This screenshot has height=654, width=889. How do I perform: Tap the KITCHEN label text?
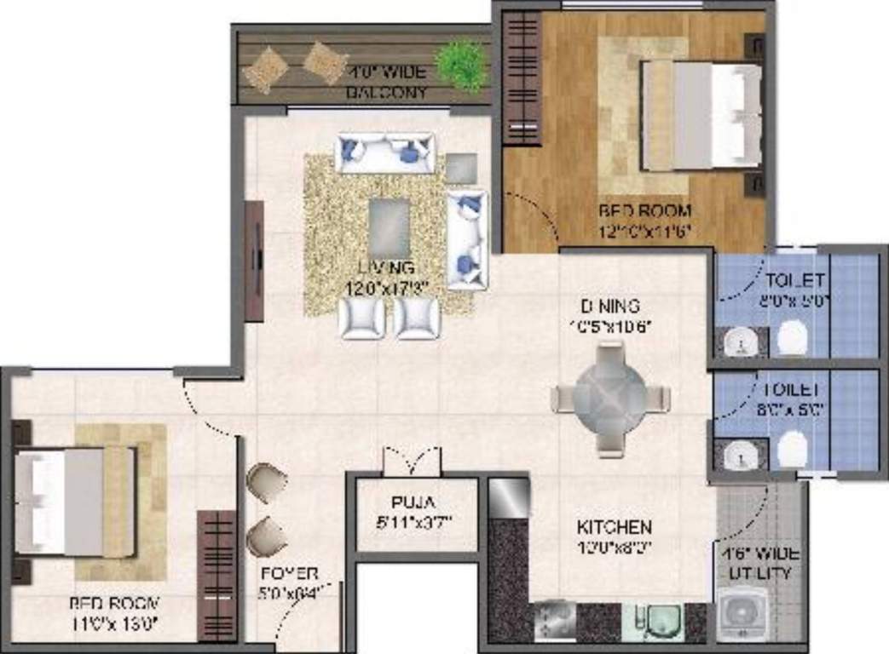click(x=614, y=527)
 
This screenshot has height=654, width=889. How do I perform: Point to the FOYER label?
click(x=290, y=573)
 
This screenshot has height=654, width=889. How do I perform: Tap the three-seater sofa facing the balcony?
click(x=385, y=153)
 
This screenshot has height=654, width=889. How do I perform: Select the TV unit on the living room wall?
click(x=254, y=261)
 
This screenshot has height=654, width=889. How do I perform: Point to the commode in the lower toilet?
click(x=792, y=449)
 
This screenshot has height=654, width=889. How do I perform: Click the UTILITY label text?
click(x=761, y=573)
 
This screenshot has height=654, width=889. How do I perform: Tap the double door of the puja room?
click(x=412, y=462)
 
